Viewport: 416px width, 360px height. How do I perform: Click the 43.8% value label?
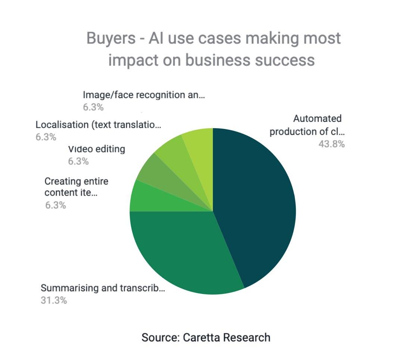point(331,144)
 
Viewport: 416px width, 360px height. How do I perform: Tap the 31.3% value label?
point(54,300)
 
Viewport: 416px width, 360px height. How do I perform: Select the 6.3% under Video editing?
point(78,161)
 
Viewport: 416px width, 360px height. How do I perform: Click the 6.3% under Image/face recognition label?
point(93,107)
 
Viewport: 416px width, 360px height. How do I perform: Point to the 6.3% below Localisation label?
point(46,137)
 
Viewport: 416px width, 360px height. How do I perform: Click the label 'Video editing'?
point(97,149)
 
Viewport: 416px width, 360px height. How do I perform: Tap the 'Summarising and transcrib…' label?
point(103,288)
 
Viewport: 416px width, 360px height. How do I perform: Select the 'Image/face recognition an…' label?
point(144,95)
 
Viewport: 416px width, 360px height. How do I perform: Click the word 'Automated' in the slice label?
point(317,118)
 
